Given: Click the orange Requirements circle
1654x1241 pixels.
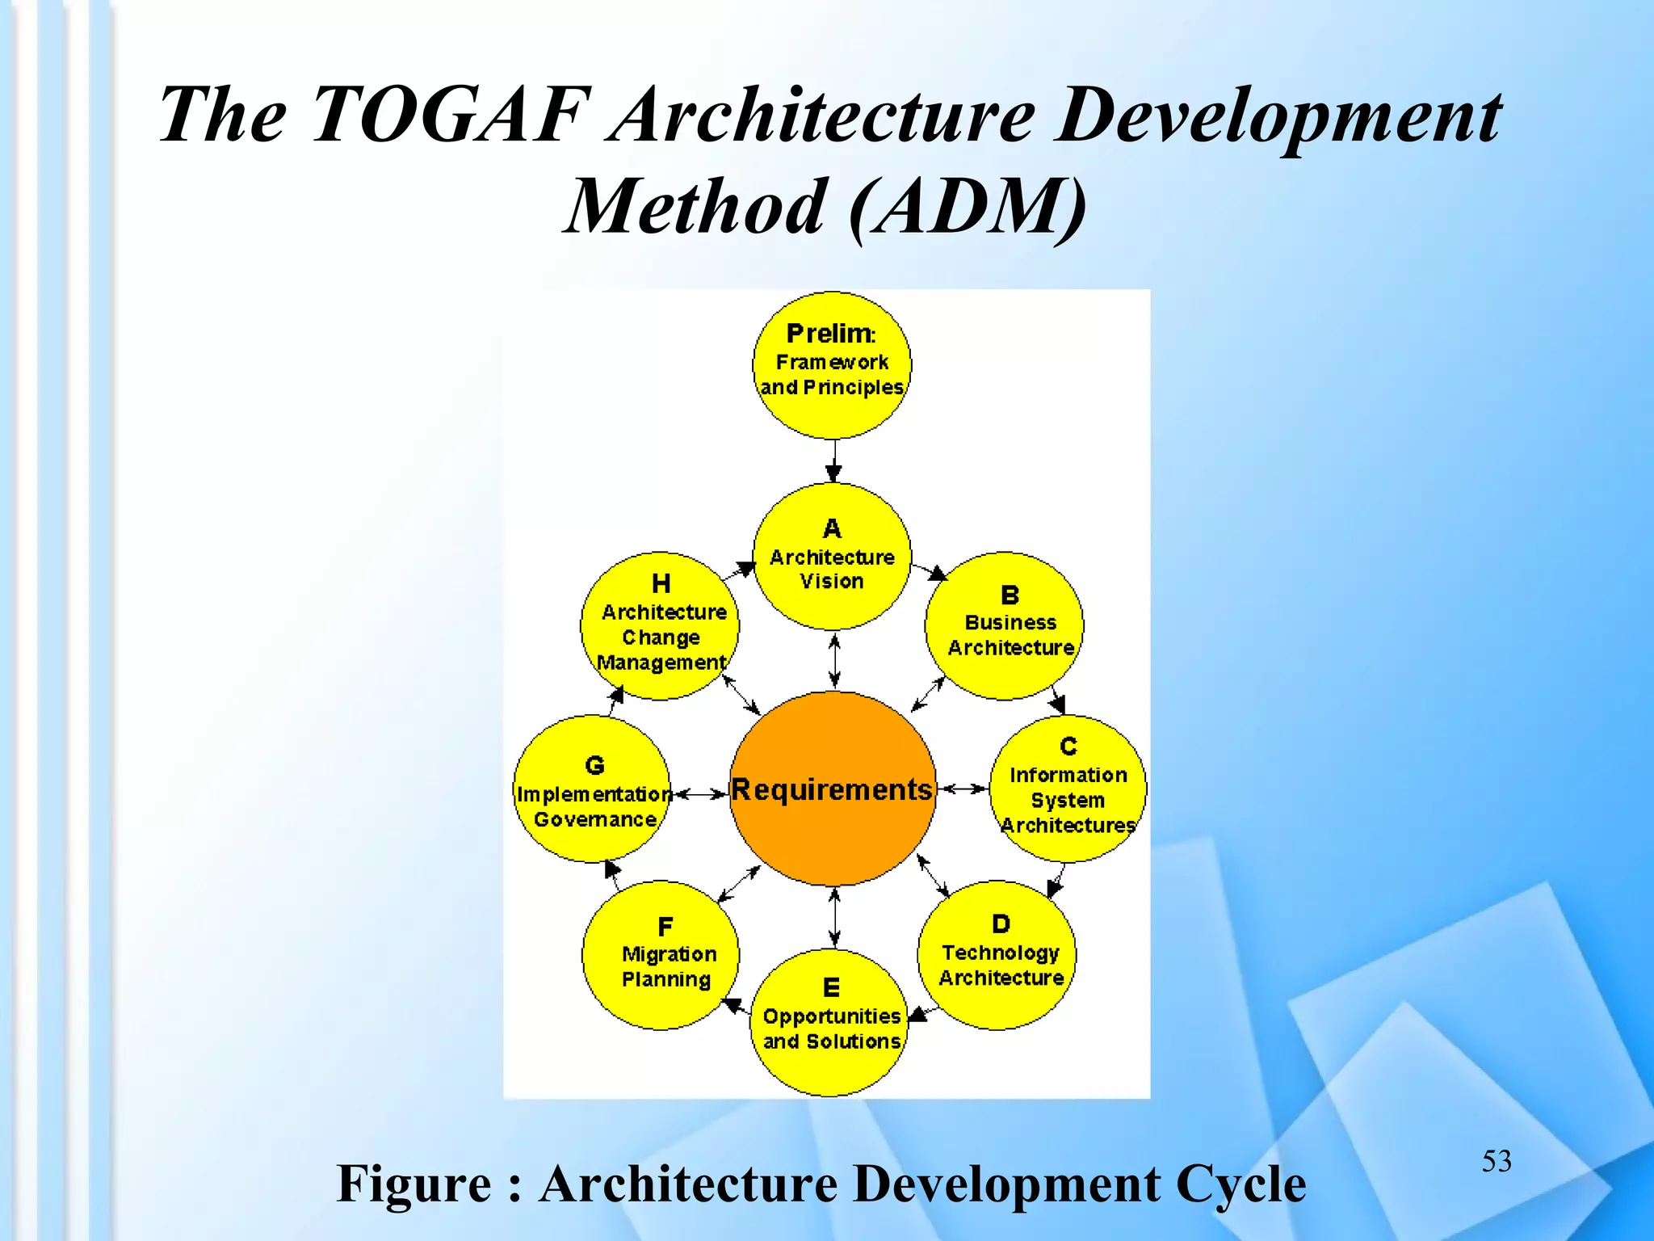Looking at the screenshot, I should [833, 789].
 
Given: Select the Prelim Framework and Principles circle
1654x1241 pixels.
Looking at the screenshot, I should [832, 365].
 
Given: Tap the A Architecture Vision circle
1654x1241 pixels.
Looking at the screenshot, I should [832, 557].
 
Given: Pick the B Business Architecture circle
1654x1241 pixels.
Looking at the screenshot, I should [1004, 625].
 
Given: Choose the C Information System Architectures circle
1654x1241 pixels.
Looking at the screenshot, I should [1068, 789].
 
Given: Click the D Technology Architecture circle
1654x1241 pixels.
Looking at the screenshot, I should [997, 955].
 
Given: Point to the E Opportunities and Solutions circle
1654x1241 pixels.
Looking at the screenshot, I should [832, 1023].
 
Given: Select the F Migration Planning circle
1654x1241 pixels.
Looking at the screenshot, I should [661, 955].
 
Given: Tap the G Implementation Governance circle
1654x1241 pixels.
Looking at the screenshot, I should [593, 789].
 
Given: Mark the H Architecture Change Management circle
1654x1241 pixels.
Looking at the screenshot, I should [660, 626].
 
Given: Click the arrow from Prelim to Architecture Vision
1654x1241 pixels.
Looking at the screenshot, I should [833, 461].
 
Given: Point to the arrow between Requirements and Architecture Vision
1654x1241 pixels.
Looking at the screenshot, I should [834, 661].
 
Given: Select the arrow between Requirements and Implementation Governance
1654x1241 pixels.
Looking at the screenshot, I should [700, 794].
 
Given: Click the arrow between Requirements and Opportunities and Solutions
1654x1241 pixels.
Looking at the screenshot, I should [834, 917].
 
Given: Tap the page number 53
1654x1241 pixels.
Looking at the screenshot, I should [1496, 1161].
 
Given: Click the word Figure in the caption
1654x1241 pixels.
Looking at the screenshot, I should [413, 1184].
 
